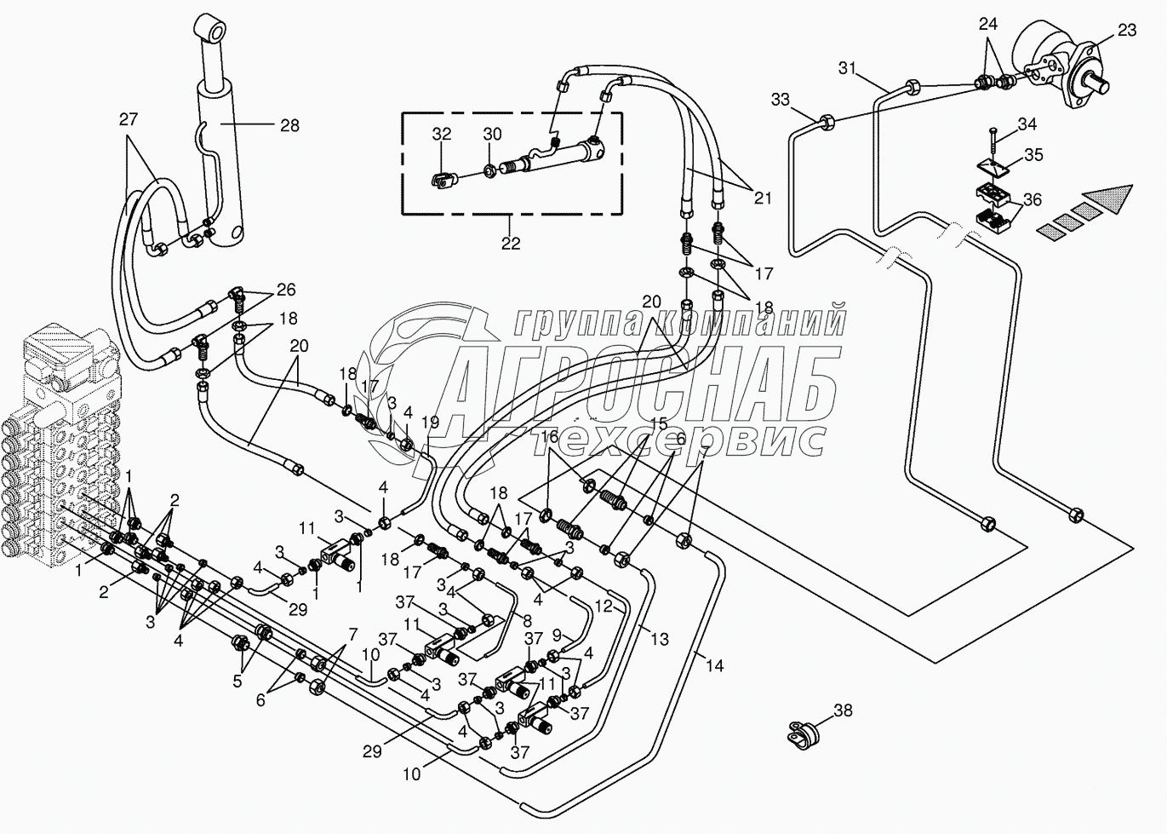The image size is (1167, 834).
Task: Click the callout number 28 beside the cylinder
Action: [x=289, y=126]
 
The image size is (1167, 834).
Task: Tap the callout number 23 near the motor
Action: [x=1126, y=31]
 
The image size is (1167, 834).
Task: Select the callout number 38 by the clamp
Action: [x=842, y=710]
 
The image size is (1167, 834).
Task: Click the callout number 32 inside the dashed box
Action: [x=441, y=135]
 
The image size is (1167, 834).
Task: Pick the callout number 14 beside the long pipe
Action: [x=714, y=666]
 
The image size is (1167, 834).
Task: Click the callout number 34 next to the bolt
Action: [x=1027, y=124]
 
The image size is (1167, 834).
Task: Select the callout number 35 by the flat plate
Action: [x=1033, y=155]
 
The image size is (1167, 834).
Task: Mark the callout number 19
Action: [x=430, y=423]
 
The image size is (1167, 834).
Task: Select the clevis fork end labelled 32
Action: [x=441, y=180]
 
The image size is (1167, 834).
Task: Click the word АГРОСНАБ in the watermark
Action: [x=647, y=383]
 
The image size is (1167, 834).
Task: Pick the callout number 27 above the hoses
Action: [x=128, y=120]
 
